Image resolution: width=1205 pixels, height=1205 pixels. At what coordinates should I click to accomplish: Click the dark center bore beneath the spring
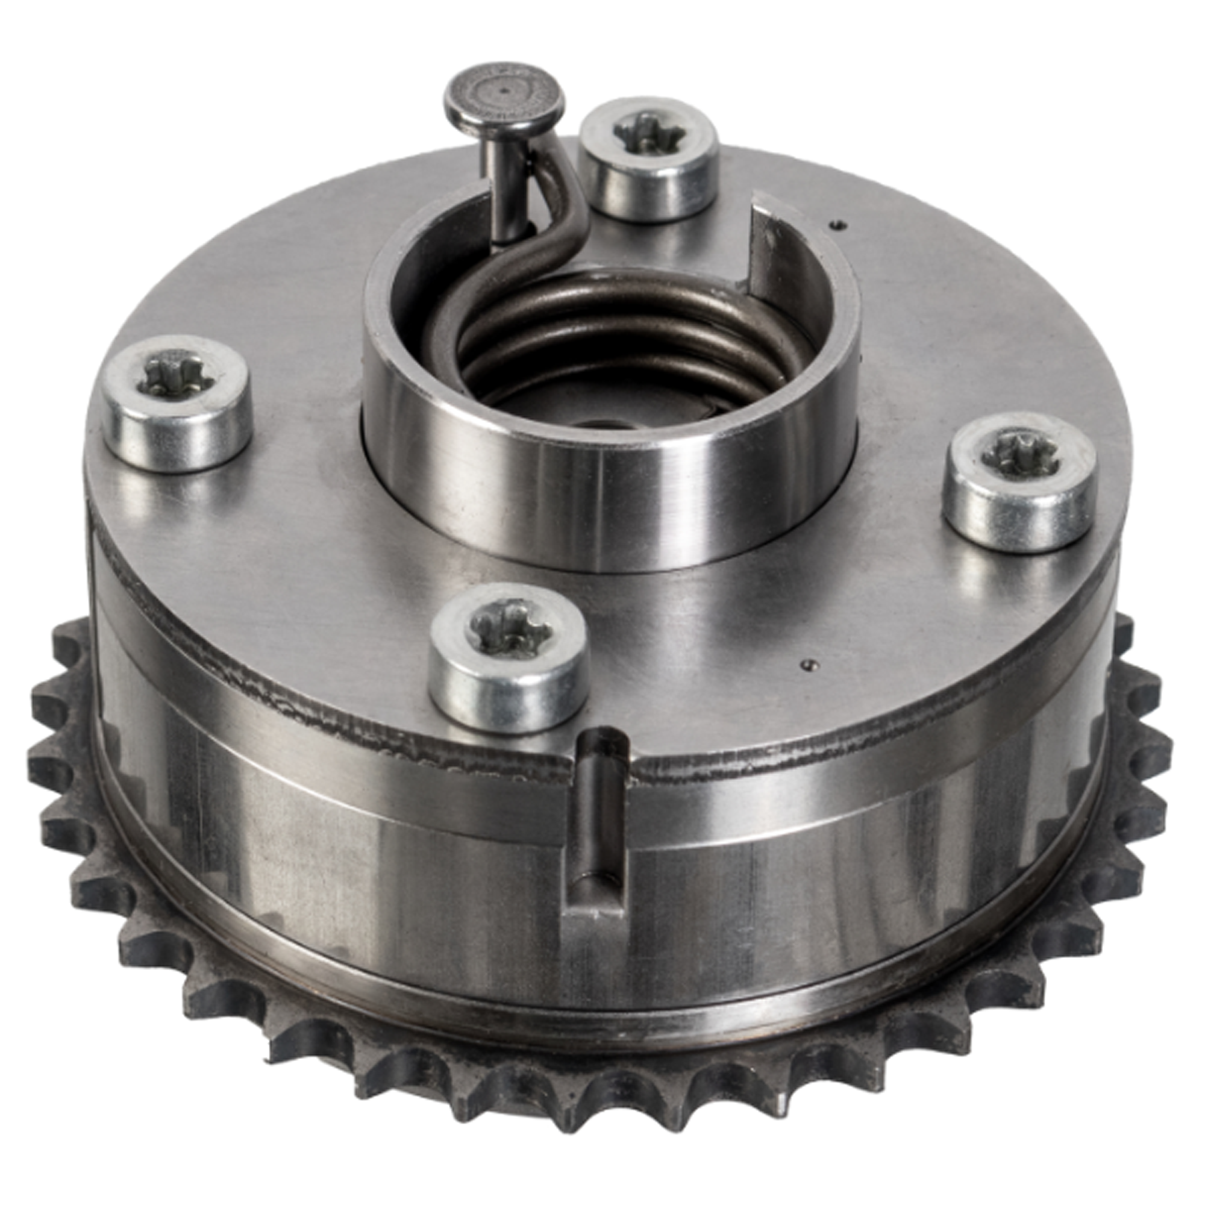(599, 424)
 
